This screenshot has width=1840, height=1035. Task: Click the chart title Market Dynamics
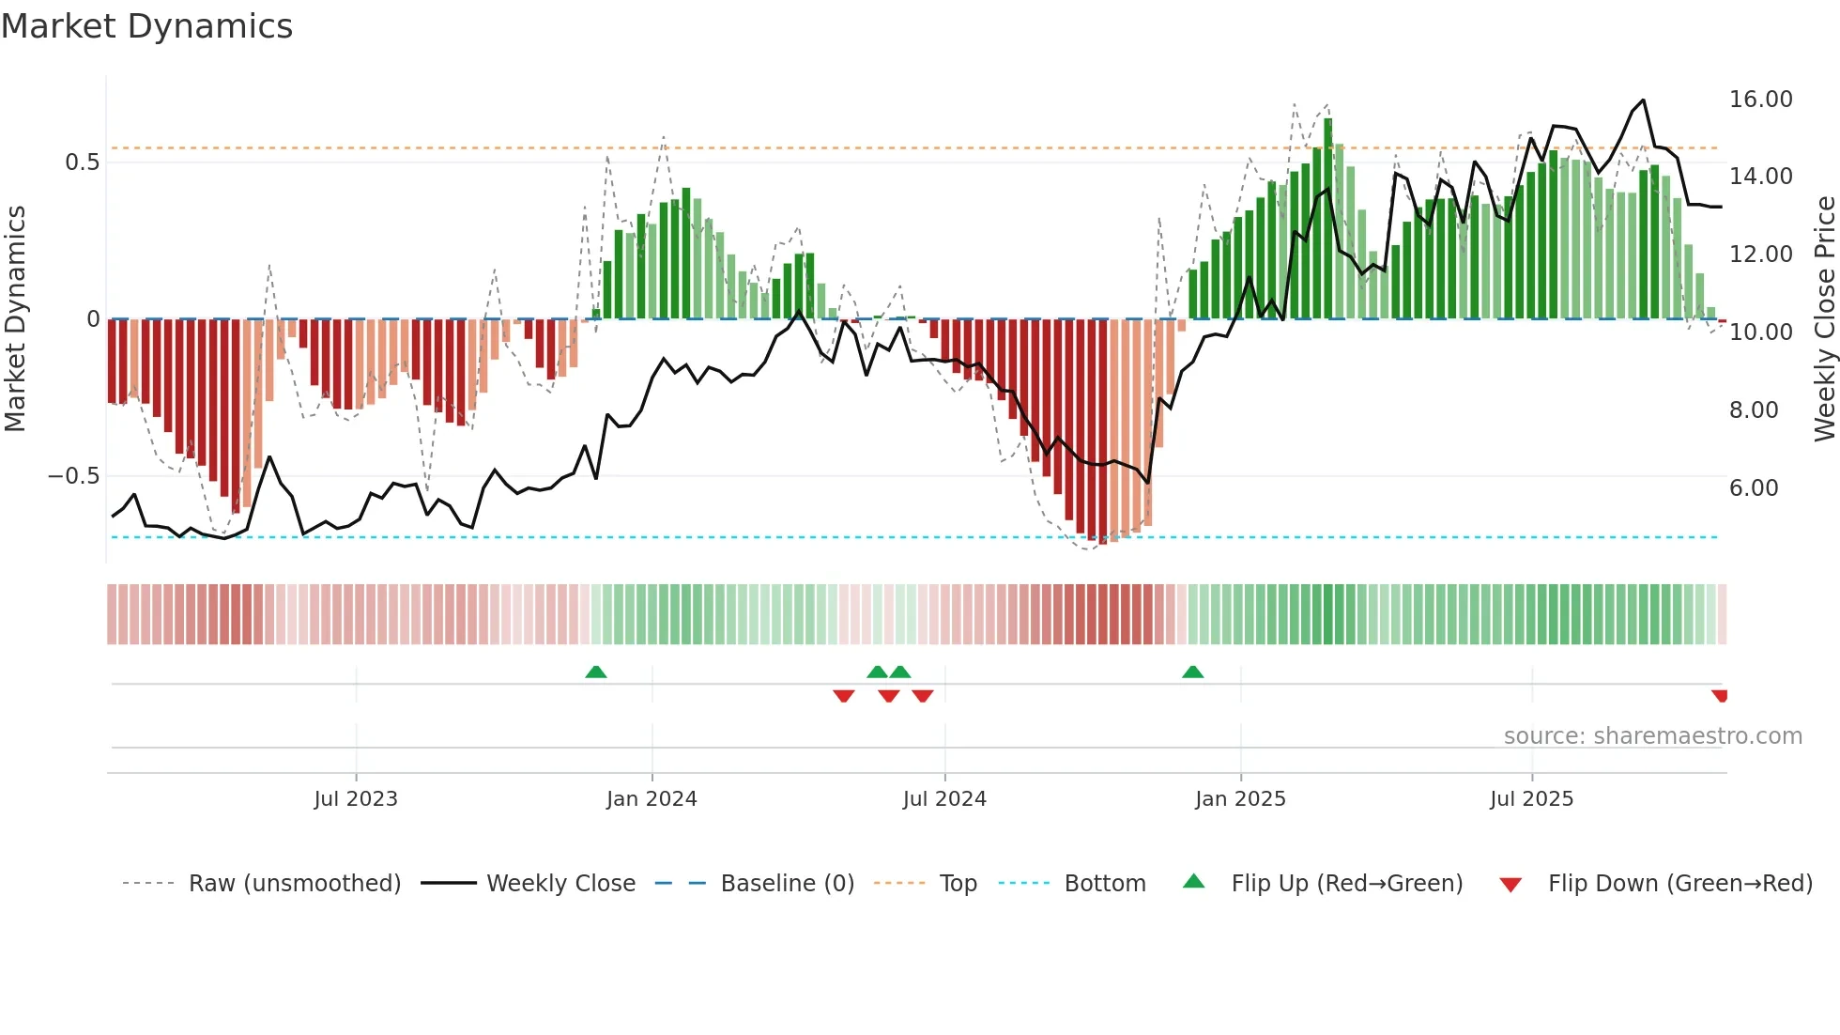click(146, 26)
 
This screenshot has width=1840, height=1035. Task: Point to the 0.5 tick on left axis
click(82, 162)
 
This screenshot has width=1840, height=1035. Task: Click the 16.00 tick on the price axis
click(1760, 100)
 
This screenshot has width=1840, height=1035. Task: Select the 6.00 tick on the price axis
click(1753, 488)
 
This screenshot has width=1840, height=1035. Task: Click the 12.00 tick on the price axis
click(1760, 255)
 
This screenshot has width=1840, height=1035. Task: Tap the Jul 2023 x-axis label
click(356, 799)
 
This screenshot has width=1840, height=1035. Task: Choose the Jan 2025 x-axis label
click(1240, 799)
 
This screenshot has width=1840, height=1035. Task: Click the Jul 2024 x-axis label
click(944, 799)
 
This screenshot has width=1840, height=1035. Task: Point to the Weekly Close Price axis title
click(1824, 319)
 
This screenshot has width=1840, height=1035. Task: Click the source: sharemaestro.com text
click(1652, 736)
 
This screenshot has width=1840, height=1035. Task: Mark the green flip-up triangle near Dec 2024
click(1192, 672)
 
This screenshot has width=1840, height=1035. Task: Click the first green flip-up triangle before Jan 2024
click(595, 672)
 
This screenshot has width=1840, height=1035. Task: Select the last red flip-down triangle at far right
click(1720, 696)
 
